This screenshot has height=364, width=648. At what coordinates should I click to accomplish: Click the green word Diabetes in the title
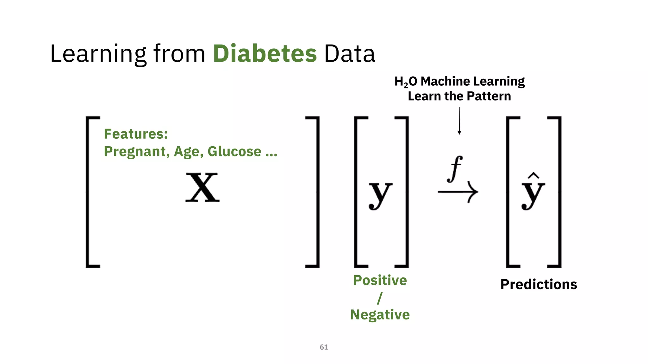[265, 53]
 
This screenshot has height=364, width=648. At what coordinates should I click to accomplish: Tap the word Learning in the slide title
[98, 54]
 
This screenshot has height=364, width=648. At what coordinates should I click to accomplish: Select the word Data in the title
[349, 53]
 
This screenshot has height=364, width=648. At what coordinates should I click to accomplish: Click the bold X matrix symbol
[202, 188]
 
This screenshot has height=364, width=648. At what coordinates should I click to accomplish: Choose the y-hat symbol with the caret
[533, 192]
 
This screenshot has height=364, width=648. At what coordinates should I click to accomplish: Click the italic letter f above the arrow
[455, 169]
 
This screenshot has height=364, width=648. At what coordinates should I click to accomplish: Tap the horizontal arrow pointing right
[458, 192]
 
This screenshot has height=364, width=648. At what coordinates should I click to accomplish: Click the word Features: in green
[136, 134]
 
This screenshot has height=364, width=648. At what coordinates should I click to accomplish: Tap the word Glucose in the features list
[234, 151]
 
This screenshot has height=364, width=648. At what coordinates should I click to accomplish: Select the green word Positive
[380, 280]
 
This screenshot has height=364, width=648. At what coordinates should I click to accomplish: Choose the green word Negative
[380, 315]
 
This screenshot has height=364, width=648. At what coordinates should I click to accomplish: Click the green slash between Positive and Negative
[380, 298]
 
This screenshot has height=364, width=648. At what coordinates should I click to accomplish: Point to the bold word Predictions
[539, 284]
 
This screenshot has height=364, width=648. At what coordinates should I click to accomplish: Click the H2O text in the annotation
[406, 82]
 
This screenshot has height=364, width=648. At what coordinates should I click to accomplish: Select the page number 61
[324, 347]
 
